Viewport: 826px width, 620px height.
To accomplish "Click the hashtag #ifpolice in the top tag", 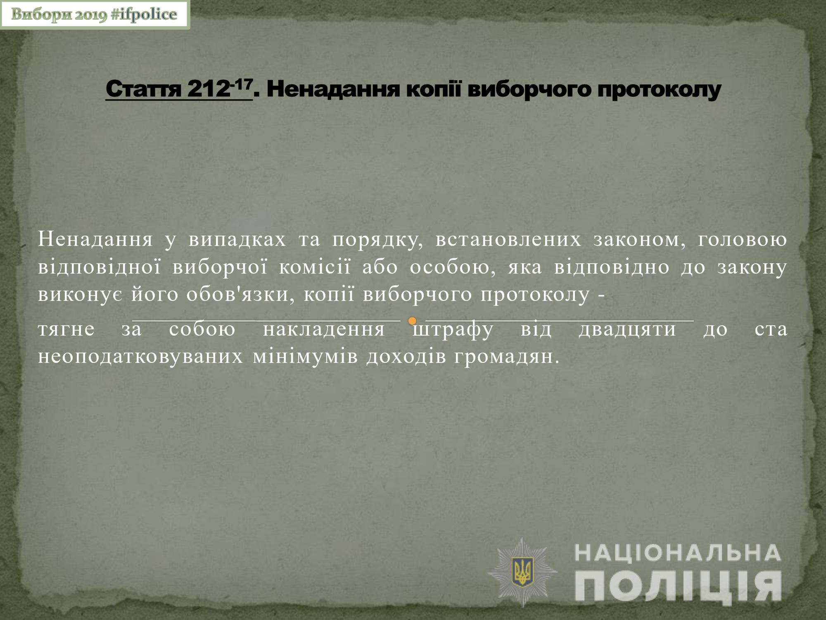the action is click(x=144, y=15).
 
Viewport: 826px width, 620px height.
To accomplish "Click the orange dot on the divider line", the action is click(x=412, y=321).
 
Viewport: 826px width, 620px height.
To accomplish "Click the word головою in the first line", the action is click(x=743, y=240).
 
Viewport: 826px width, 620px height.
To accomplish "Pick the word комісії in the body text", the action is click(x=314, y=267).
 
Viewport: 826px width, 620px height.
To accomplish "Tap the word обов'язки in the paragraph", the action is click(x=241, y=294).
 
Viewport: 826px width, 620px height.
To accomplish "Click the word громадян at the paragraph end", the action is click(x=506, y=357).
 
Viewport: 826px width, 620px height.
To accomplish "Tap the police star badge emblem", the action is click(x=523, y=572).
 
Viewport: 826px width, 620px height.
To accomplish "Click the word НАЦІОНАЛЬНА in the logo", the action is click(x=678, y=553).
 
